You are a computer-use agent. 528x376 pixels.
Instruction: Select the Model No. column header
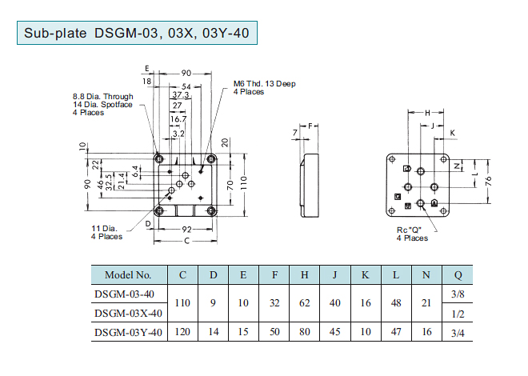tap(128, 275)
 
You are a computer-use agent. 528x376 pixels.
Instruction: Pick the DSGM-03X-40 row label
tap(128, 313)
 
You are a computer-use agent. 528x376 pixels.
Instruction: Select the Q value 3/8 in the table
tap(458, 294)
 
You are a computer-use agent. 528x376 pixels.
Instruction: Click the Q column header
tap(458, 275)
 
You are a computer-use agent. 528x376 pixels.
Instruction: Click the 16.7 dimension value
tap(178, 118)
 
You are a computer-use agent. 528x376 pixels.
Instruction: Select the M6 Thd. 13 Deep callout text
tap(265, 83)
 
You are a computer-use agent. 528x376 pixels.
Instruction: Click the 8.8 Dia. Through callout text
tap(102, 98)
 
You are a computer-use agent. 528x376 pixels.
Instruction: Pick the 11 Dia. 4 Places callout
tap(106, 232)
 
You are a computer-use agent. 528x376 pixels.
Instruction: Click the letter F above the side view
tap(311, 126)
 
